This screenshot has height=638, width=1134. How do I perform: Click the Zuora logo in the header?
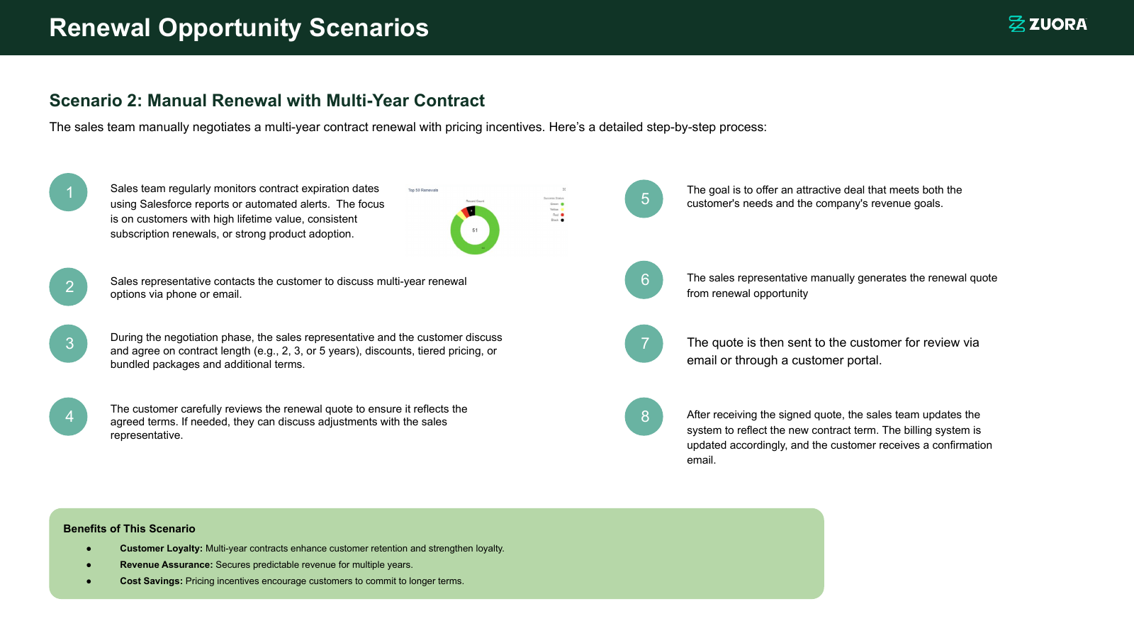[1048, 24]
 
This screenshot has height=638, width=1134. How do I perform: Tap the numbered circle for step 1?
[69, 192]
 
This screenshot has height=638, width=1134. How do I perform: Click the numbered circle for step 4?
[69, 416]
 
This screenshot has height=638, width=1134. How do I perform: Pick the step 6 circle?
[644, 280]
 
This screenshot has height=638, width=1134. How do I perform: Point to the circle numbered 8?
[644, 416]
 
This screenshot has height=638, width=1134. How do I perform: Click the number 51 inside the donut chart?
[475, 230]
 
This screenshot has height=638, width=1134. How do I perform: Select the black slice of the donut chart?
[471, 211]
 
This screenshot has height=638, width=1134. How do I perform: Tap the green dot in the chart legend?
[562, 204]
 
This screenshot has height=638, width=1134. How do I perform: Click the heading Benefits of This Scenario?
[129, 529]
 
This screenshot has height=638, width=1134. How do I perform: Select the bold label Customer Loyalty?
[161, 549]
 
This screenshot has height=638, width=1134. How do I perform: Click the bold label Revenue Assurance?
[166, 565]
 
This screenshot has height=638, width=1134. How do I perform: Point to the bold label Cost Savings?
[151, 581]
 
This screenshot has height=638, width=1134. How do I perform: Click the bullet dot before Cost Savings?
[89, 581]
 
